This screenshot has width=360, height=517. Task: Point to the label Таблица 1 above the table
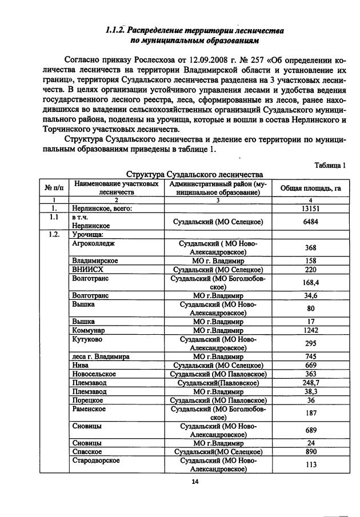[x=330, y=166]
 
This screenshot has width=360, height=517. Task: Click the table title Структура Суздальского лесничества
[x=194, y=174]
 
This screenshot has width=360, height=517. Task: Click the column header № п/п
[x=53, y=187]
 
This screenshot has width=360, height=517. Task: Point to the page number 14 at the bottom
[x=194, y=482]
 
